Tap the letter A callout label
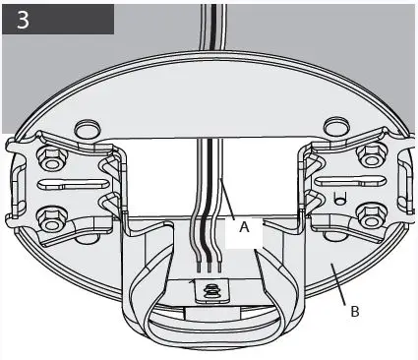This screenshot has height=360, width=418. pyautogui.click(x=244, y=225)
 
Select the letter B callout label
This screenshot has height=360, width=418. pyautogui.click(x=353, y=312)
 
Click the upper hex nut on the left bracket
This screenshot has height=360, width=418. pyautogui.click(x=47, y=157)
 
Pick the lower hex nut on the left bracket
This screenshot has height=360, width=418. pyautogui.click(x=46, y=218)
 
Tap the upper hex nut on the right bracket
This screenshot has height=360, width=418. pyautogui.click(x=369, y=155)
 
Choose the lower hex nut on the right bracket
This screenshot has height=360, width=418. pyautogui.click(x=372, y=215)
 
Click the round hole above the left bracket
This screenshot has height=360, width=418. pyautogui.click(x=86, y=129)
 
